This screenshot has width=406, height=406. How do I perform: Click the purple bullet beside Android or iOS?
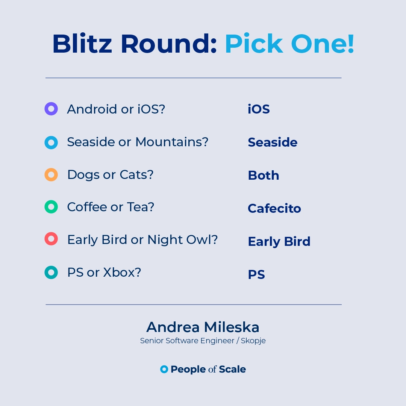click(x=47, y=109)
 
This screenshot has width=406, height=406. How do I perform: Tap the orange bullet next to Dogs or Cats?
click(x=47, y=175)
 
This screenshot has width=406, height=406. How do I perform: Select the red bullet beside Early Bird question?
click(x=47, y=239)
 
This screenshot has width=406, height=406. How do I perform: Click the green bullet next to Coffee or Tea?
click(x=47, y=207)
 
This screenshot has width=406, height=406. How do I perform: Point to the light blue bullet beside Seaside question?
click(x=47, y=143)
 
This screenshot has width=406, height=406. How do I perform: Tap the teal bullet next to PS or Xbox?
click(x=47, y=273)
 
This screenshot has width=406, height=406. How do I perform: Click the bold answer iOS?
click(x=259, y=109)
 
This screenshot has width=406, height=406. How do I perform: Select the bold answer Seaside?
click(x=273, y=142)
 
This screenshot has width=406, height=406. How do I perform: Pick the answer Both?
click(x=264, y=175)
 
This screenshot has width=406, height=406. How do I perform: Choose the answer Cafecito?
click(x=274, y=208)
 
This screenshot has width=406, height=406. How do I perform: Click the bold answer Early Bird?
click(x=279, y=242)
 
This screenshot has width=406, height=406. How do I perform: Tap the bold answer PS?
click(x=257, y=274)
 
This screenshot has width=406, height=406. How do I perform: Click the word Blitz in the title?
click(x=82, y=44)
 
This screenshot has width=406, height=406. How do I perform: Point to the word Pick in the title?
click(x=254, y=44)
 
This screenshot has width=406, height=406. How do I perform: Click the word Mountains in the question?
click(x=172, y=142)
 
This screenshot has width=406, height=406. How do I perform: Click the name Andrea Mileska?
click(x=203, y=327)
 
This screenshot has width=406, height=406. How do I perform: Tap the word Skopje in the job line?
click(x=253, y=341)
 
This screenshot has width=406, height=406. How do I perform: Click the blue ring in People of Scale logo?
click(x=162, y=369)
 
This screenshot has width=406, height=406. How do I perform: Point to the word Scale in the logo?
click(x=232, y=369)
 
